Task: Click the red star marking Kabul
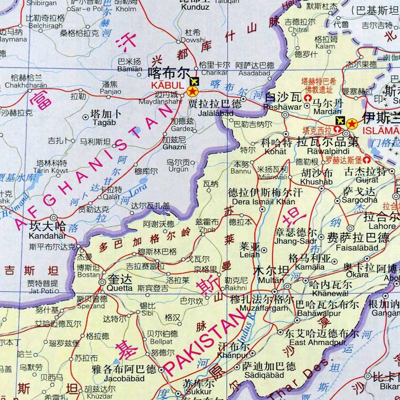[192, 92]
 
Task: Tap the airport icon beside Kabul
[194, 82]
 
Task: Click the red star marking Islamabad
[352, 123]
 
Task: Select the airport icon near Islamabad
[340, 120]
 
